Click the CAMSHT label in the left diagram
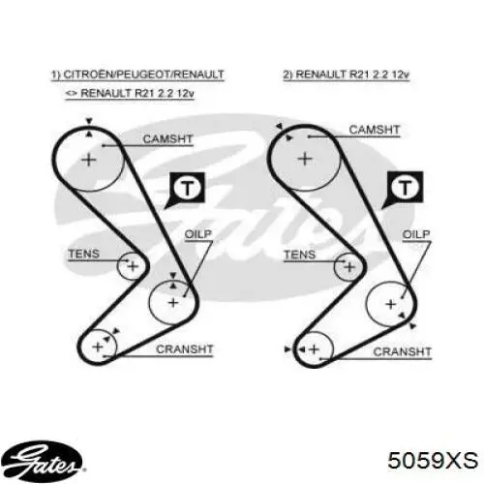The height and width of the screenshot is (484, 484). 167,139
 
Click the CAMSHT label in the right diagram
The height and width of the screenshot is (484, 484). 375,130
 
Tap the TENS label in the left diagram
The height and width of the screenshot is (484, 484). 84,254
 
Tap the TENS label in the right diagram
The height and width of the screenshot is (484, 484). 299,255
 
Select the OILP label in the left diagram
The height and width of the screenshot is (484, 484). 198,234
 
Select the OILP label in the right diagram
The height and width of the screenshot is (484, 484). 416,234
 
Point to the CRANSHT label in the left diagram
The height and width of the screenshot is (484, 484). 185,349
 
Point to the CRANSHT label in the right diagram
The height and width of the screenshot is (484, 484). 402,351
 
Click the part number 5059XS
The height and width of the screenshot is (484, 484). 433,460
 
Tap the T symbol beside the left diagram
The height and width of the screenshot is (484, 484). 186,189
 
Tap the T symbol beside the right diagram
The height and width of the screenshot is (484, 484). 404,189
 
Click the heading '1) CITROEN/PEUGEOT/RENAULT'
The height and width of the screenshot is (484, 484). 137,75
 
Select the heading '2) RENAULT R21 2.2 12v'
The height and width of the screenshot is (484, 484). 347,75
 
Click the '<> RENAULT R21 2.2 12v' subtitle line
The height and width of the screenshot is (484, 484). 130,93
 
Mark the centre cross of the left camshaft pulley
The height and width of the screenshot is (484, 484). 89,160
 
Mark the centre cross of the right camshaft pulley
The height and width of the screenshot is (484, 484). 305,159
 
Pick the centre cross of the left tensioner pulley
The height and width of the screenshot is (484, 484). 133,266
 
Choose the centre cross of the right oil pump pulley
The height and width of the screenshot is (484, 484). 391,304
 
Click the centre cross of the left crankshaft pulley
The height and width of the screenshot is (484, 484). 98,347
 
